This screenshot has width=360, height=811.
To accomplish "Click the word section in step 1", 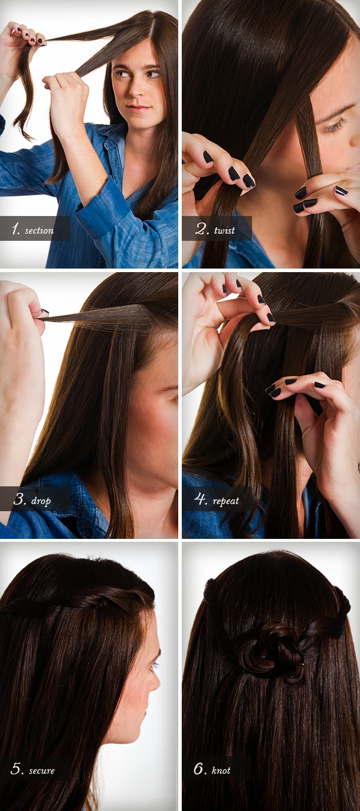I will click(x=40, y=230).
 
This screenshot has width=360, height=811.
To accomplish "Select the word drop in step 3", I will click(x=41, y=501).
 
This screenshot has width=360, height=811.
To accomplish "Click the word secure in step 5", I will click(x=41, y=770).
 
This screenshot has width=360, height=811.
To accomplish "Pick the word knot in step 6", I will click(x=220, y=770).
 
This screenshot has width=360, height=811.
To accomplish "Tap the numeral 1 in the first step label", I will click(x=16, y=229).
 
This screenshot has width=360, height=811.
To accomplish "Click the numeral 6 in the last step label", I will click(x=199, y=769).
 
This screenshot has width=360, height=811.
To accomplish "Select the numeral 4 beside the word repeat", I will click(x=201, y=500).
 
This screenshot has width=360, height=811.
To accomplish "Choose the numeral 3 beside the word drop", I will click(x=19, y=500).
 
